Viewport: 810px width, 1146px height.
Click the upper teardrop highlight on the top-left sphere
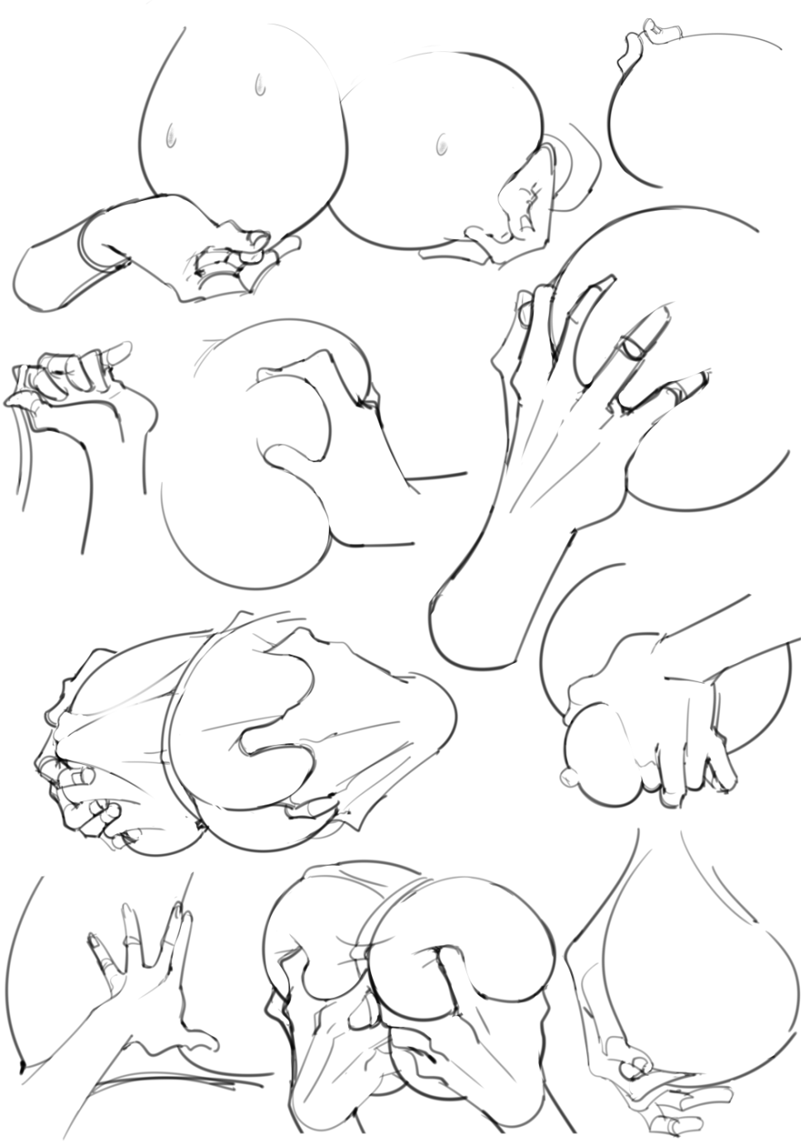tap(259, 83)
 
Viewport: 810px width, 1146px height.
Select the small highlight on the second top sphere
tap(441, 146)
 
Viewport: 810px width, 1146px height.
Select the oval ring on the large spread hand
tap(636, 342)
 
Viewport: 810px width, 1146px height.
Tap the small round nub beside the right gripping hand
tap(567, 777)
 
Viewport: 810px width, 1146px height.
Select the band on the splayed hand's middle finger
tap(131, 940)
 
